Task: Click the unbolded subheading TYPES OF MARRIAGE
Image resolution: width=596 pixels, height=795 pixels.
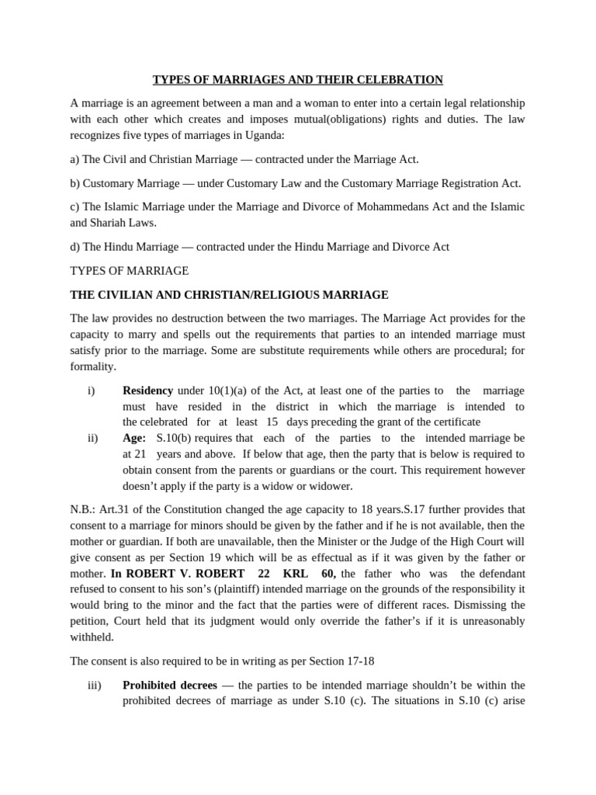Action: [x=129, y=271]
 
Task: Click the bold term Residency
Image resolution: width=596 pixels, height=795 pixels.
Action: [x=147, y=391]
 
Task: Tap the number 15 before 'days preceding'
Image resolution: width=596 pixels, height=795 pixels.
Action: [x=272, y=422]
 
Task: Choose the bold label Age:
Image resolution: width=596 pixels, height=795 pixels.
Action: [x=134, y=438]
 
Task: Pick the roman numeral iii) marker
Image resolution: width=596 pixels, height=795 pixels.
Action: [x=95, y=685]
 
